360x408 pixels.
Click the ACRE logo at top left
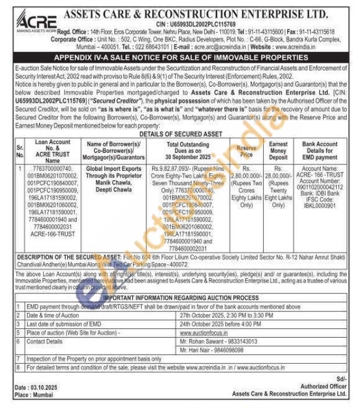tap(36, 17)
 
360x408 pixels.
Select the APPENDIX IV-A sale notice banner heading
tap(181, 58)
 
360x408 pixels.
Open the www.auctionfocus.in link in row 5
tap(203, 332)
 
